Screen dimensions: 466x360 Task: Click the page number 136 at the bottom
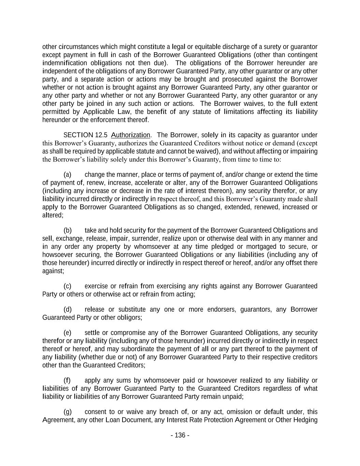click(x=180, y=435)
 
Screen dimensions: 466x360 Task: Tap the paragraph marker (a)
click(x=68, y=175)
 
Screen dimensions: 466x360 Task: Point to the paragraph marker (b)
click(x=68, y=230)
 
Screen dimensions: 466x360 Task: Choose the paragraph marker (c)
click(x=68, y=286)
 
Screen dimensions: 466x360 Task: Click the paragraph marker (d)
click(x=68, y=310)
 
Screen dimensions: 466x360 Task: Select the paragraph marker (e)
click(x=68, y=333)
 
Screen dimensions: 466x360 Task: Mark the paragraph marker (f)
click(x=68, y=380)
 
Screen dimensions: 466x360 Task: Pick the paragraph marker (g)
click(x=68, y=412)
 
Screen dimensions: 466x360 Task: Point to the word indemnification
click(x=64, y=63)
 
